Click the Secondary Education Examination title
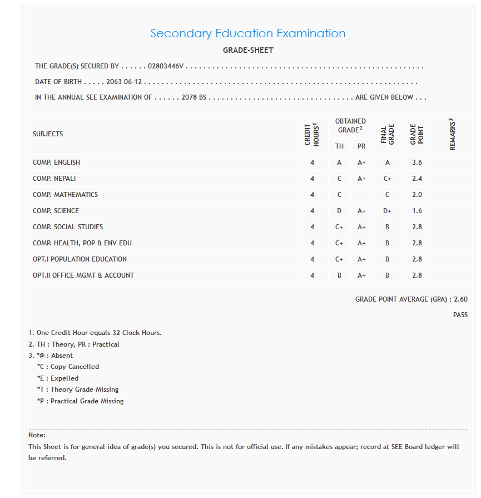tap(247, 33)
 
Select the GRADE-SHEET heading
tap(248, 50)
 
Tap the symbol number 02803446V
tap(166, 66)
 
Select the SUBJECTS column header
tap(48, 134)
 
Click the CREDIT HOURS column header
tap(312, 134)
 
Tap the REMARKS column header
tap(453, 134)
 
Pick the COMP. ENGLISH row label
tap(56, 162)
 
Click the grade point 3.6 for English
tap(417, 162)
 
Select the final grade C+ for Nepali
tap(387, 179)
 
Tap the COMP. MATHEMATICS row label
tap(65, 195)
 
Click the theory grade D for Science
tap(339, 211)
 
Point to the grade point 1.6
tap(417, 211)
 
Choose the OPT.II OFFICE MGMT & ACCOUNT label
tap(83, 275)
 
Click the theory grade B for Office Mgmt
tap(339, 275)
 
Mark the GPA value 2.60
tap(460, 299)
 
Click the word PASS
tap(460, 315)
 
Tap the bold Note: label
tap(37, 435)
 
